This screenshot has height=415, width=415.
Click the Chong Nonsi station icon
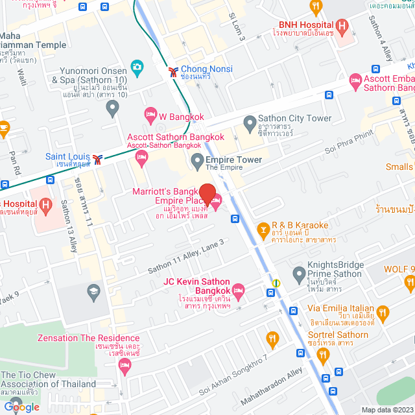pyautogui.click(x=172, y=69)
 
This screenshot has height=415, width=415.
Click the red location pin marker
pyautogui.click(x=207, y=195)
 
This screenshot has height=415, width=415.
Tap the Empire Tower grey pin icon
pyautogui.click(x=197, y=160)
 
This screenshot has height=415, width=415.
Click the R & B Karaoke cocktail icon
pyautogui.click(x=263, y=229)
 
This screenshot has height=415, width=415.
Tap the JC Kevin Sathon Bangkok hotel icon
pyautogui.click(x=238, y=289)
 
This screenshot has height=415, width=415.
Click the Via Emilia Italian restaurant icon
pyautogui.click(x=383, y=313)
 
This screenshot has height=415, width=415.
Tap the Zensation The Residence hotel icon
pyautogui.click(x=126, y=366)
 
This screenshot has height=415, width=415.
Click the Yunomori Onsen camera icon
pyautogui.click(x=136, y=66)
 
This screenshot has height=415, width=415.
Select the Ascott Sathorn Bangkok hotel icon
pyautogui.click(x=132, y=156)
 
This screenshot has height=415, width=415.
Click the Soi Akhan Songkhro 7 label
pyautogui.click(x=233, y=375)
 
